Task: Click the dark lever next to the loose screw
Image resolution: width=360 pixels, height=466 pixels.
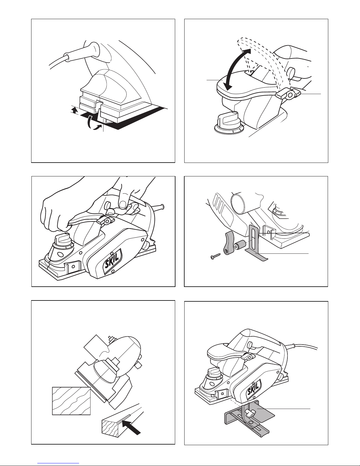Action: coord(230,243)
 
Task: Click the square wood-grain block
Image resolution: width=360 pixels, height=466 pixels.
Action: coord(71,400)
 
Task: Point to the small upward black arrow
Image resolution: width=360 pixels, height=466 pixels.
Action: coord(75,110)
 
